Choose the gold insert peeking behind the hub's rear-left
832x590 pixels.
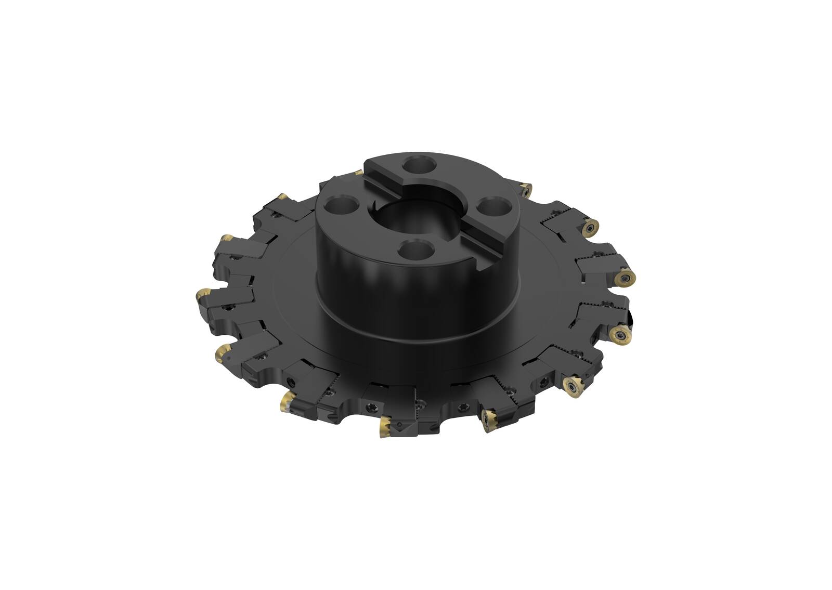pos(358,172)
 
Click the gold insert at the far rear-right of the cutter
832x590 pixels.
pos(526,189)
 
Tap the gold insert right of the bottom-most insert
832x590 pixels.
pos(489,415)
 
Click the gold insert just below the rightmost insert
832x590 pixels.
pos(621,335)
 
